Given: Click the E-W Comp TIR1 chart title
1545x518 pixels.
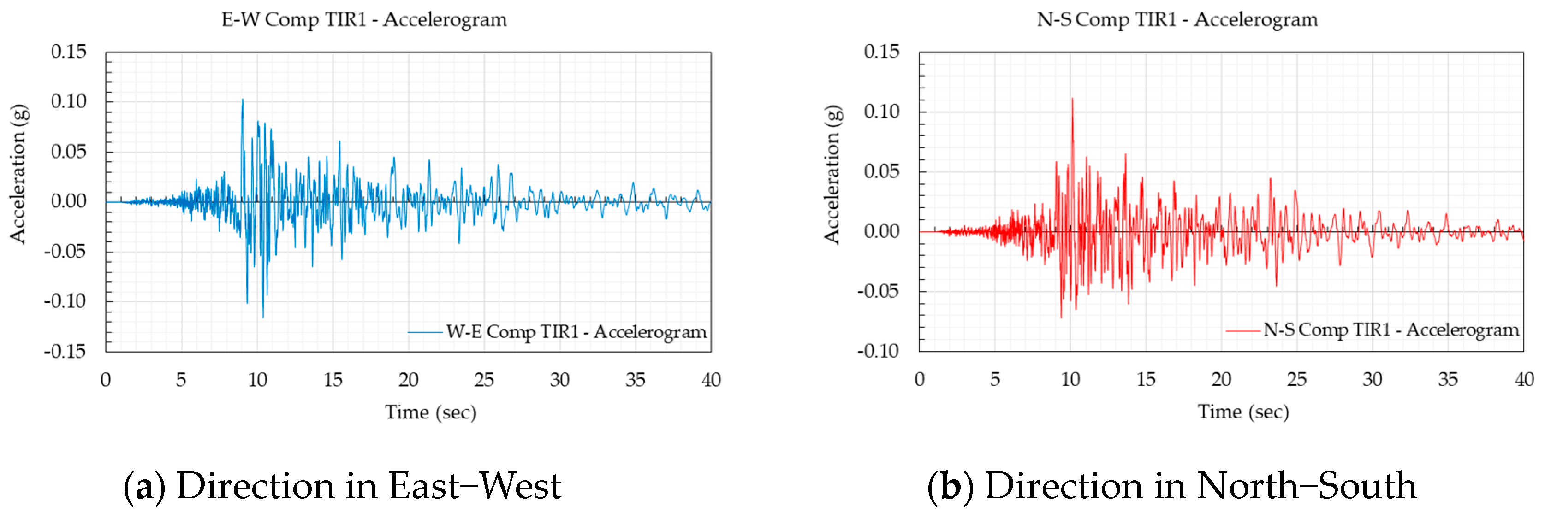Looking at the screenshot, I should (x=364, y=20).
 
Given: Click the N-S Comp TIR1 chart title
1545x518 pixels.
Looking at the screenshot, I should (x=1177, y=20).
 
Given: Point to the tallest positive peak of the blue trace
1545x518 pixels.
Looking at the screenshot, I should (x=242, y=100).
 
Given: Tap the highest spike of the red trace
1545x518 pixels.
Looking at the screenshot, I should (x=1072, y=99).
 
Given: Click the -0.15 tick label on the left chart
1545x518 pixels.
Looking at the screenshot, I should (x=65, y=351).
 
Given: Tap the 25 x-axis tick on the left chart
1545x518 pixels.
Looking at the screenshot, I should (x=484, y=379).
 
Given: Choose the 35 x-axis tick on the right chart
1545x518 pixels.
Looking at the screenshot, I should (x=1448, y=379).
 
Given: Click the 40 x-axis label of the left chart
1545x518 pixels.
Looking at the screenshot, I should (x=711, y=379).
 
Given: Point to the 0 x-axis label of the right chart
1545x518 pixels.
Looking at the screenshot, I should (x=920, y=379).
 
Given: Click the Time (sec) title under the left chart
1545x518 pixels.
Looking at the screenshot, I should (x=431, y=412).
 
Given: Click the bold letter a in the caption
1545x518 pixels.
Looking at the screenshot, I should (x=144, y=486).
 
